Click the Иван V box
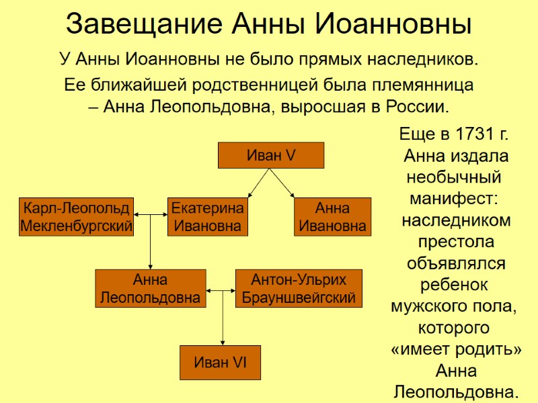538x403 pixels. point(271,155)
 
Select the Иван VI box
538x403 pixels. point(220,363)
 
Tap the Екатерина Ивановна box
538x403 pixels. point(207,216)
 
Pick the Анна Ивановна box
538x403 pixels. point(332,216)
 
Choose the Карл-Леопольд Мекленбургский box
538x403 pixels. point(76,216)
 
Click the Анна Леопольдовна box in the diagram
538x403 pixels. point(149,289)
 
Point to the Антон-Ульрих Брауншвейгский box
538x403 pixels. point(299,289)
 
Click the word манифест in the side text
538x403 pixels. point(453,199)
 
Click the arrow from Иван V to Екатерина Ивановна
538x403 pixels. point(258,183)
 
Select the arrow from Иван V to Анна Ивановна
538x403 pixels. point(282,183)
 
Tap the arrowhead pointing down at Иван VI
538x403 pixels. point(223,341)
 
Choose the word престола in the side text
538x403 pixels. point(456,242)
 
